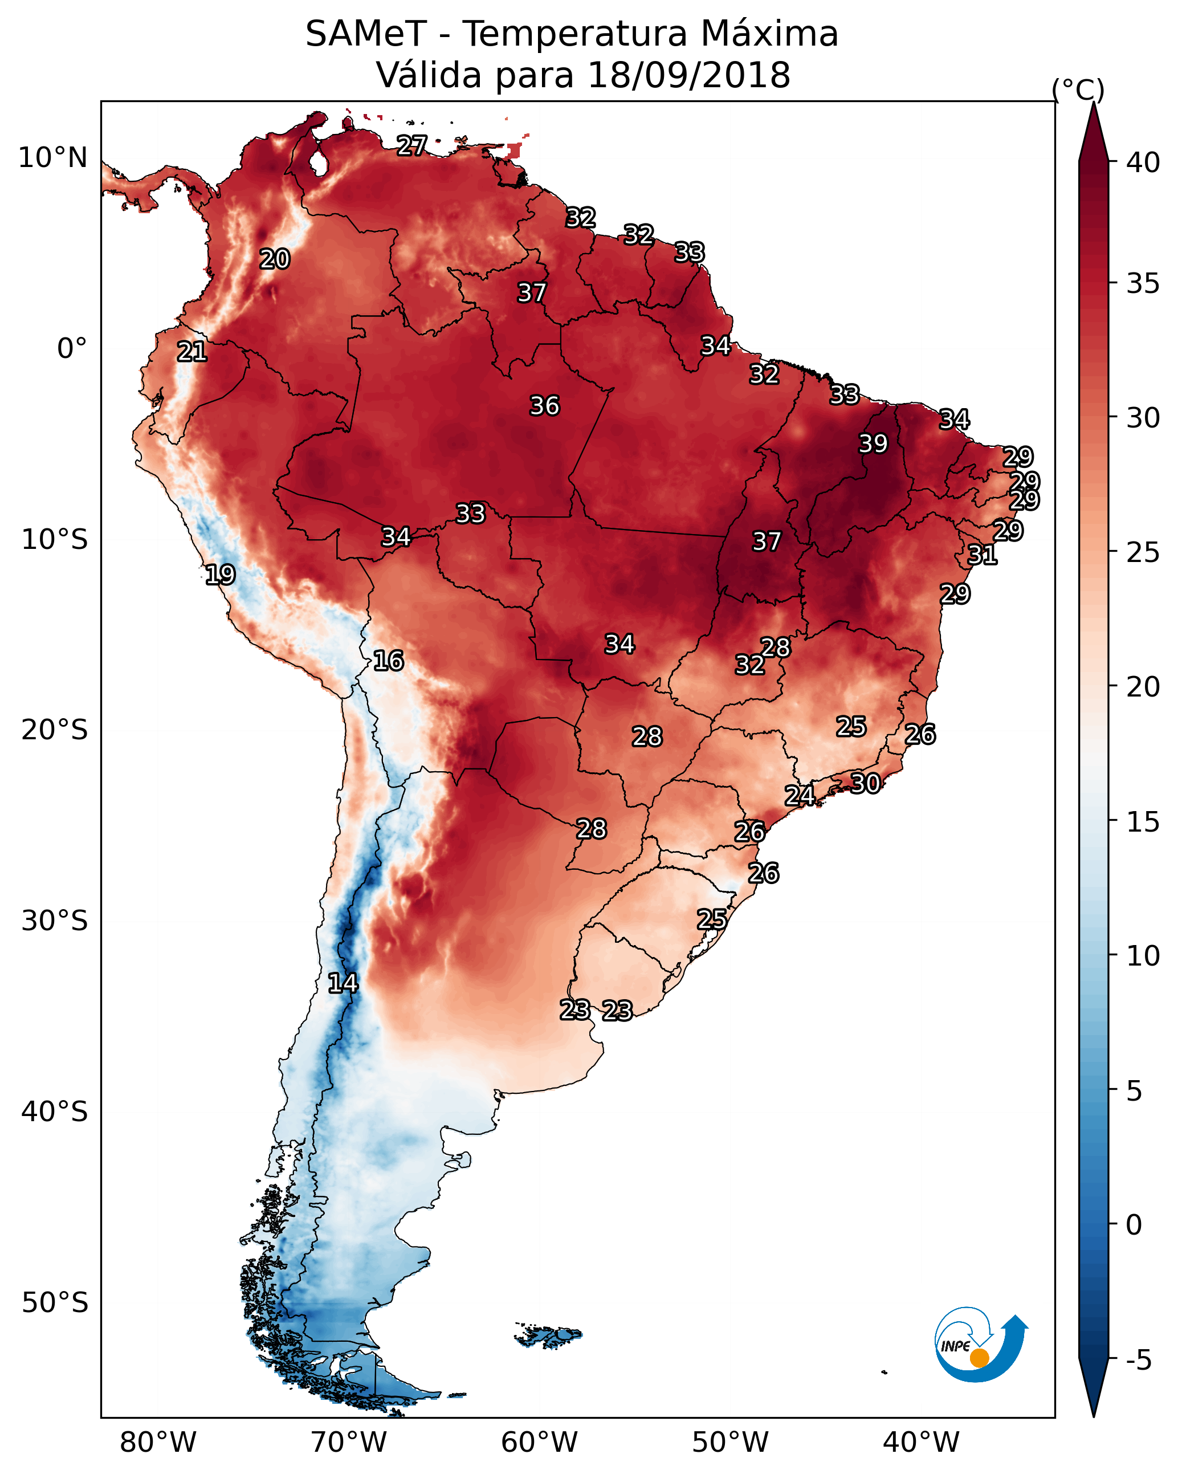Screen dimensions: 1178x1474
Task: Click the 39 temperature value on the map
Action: pos(873,443)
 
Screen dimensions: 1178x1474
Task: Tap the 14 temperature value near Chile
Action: pos(343,983)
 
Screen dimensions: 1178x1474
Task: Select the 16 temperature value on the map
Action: pos(388,661)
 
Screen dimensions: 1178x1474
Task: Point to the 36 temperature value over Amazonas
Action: pos(545,405)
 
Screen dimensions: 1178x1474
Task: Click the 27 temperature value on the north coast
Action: pos(412,145)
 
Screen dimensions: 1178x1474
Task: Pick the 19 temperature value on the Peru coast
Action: pos(220,575)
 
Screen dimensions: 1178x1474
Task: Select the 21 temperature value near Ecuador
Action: pos(192,352)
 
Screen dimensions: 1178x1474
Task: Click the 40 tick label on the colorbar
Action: pos(1143,162)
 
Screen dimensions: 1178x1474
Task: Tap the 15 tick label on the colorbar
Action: pos(1143,822)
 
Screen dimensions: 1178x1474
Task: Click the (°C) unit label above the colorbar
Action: pos(1078,89)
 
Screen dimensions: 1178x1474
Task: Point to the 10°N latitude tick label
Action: pos(52,158)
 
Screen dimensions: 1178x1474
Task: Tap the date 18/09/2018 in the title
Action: pos(688,75)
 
